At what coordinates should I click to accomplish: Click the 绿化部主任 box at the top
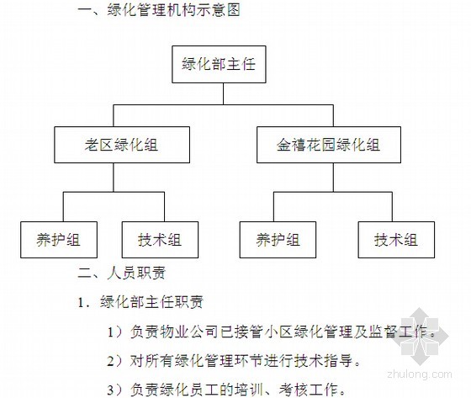219,64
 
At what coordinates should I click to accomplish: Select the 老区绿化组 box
122,145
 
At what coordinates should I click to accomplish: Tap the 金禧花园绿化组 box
329,145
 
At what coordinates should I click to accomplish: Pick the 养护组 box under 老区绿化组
59,240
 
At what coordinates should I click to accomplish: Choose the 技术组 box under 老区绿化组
160,240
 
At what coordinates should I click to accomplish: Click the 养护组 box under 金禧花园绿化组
278,240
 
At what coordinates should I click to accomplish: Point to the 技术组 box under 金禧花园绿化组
396,240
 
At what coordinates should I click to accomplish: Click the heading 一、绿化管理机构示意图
159,10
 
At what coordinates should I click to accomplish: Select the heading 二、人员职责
122,273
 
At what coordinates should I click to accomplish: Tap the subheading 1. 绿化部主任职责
140,302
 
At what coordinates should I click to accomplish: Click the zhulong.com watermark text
420,374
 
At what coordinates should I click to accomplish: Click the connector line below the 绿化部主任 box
223,93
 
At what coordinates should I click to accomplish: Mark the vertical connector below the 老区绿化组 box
114,178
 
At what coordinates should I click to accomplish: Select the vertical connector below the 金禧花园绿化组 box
333,178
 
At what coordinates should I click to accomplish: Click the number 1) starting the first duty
115,332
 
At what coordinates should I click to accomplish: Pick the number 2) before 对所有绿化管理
115,361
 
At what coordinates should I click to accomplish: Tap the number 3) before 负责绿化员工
115,390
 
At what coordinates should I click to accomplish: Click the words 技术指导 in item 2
323,361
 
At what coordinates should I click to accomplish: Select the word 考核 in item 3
294,390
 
